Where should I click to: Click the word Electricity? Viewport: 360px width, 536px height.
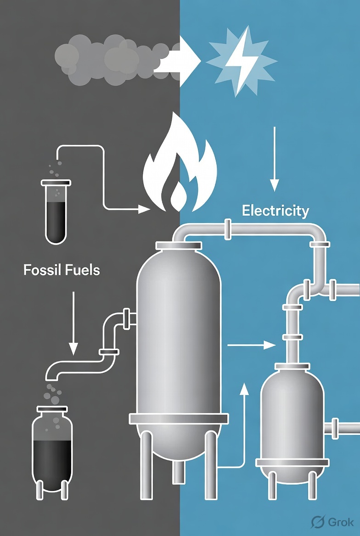click(275, 211)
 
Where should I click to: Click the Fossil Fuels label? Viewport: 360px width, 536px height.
click(62, 270)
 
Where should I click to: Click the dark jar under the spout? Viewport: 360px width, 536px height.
click(52, 450)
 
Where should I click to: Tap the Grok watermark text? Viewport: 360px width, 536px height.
click(340, 522)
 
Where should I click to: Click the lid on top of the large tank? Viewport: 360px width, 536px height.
click(179, 246)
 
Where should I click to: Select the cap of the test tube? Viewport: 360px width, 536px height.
click(56, 183)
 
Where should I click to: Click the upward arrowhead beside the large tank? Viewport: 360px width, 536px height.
click(244, 389)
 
